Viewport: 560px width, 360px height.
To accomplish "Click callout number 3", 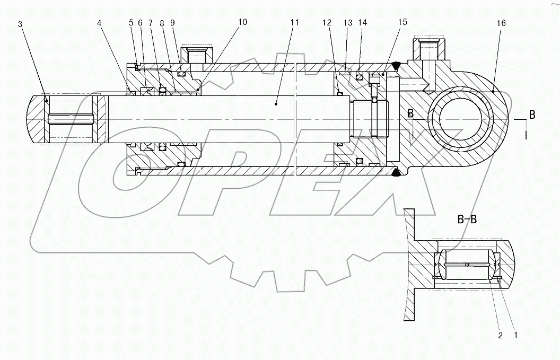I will click(20, 25).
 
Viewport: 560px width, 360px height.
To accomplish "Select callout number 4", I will click(99, 23).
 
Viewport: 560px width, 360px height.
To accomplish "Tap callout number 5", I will click(130, 23).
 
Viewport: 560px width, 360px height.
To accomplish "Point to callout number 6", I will click(140, 23).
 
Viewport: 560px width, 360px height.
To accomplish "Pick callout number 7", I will click(151, 23).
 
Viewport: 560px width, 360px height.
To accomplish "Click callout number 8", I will click(161, 23).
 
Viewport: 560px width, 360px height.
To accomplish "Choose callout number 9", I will click(172, 23).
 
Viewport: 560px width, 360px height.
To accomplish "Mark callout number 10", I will click(242, 22).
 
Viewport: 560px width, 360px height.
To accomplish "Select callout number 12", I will click(327, 23).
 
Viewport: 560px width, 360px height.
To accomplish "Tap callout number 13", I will click(348, 23).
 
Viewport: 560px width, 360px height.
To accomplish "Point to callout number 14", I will click(362, 23).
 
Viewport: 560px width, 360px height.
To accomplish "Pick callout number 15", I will click(403, 23).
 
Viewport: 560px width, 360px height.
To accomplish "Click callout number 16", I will click(502, 23).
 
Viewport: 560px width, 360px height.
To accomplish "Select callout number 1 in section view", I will click(515, 335).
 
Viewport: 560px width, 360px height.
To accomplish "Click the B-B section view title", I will click(467, 219).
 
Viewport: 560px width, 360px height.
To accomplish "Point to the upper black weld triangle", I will click(395, 65).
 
